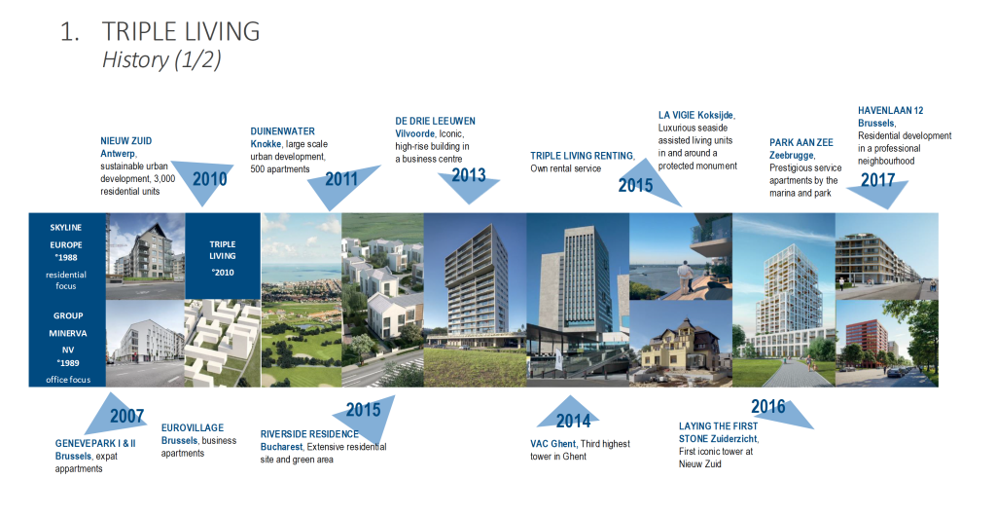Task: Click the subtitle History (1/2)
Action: point(161,59)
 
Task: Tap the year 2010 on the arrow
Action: point(210,179)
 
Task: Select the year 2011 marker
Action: point(341,179)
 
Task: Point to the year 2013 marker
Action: point(468,175)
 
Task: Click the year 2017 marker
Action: point(877,180)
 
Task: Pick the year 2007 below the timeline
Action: point(126,417)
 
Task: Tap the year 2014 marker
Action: point(573,421)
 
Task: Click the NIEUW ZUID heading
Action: point(126,141)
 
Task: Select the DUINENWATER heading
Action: point(282,131)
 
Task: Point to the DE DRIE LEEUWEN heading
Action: point(435,121)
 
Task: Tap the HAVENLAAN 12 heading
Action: point(891,110)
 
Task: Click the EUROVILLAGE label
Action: point(193,427)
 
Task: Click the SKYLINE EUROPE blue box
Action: point(66,257)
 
